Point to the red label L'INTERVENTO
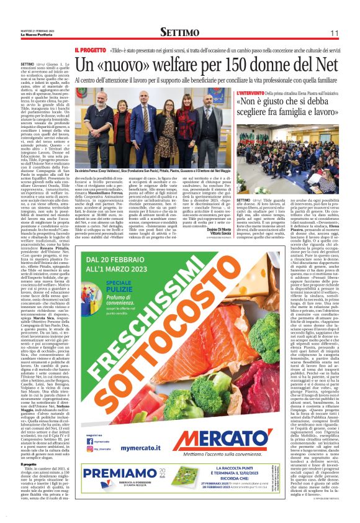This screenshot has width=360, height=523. [254, 93]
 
